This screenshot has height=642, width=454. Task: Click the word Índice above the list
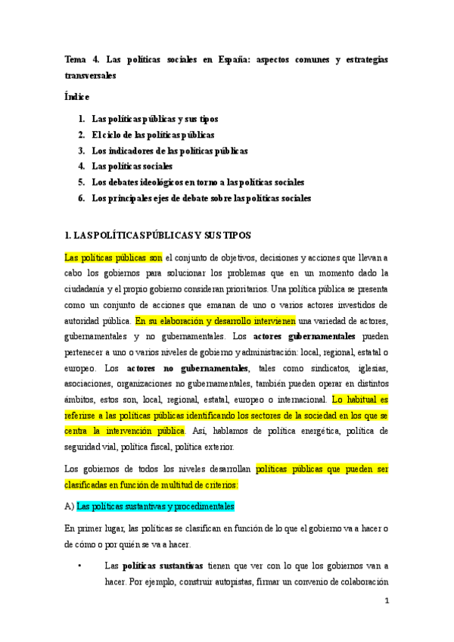[77, 97]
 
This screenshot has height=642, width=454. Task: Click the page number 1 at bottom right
[387, 602]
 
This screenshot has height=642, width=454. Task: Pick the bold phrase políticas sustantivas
[163, 565]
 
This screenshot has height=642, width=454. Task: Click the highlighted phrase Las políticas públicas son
[113, 257]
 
